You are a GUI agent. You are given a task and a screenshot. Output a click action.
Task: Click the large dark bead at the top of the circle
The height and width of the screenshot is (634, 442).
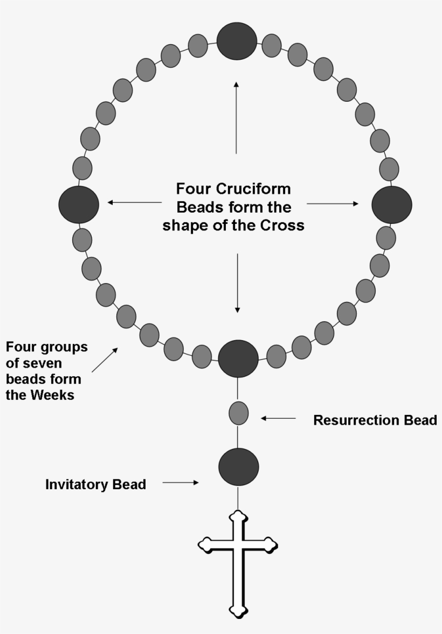point(237,41)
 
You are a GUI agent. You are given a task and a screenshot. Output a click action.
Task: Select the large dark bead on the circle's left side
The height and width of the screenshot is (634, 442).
point(79,205)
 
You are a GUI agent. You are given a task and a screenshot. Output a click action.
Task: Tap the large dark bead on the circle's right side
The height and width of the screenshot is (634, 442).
point(392,205)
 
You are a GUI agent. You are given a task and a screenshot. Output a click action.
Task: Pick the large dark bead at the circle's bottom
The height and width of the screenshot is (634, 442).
point(238,359)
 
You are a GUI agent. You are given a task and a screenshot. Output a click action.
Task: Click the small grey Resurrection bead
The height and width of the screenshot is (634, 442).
point(239,413)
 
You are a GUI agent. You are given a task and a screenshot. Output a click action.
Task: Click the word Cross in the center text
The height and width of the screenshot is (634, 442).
point(285,225)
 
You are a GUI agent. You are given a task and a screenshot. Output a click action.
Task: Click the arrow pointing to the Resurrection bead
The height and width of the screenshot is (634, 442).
point(278,418)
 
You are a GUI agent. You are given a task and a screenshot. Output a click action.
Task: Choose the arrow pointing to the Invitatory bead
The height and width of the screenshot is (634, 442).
point(181,483)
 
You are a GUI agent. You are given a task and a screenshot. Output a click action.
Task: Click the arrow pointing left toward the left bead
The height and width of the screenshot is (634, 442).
point(135,202)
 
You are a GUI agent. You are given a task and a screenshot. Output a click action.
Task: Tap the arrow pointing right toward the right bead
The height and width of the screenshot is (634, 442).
point(332,203)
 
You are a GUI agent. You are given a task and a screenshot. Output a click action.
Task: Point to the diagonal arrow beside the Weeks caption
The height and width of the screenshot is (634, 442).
point(105,360)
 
